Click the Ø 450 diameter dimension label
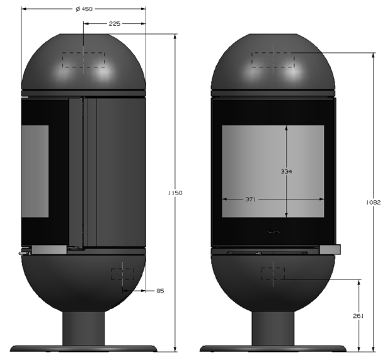click(x=84, y=9)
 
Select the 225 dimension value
click(x=115, y=24)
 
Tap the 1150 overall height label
click(x=175, y=193)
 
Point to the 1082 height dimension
click(x=374, y=203)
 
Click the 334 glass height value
click(x=286, y=171)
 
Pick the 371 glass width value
click(x=251, y=200)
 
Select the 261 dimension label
click(x=358, y=316)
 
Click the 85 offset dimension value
click(x=161, y=291)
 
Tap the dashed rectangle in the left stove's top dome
click(x=84, y=60)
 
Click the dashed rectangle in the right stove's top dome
click(x=273, y=60)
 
